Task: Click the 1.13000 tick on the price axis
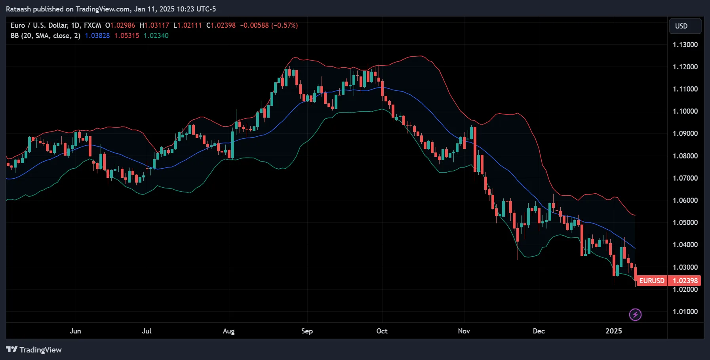[685, 45]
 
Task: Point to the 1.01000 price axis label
[685, 312]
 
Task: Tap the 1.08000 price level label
[685, 156]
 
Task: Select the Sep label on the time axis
[307, 331]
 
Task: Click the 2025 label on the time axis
[613, 331]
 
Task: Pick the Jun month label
[75, 331]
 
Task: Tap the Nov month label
[464, 331]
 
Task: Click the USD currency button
[685, 26]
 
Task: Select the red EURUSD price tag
[651, 281]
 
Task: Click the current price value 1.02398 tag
[685, 281]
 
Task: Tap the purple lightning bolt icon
[635, 315]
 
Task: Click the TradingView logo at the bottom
[34, 350]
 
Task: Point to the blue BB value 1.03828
[97, 36]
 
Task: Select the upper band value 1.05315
[127, 36]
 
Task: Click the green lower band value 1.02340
[156, 36]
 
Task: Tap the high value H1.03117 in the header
[154, 25]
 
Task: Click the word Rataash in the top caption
[18, 9]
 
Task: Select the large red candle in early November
[475, 149]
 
